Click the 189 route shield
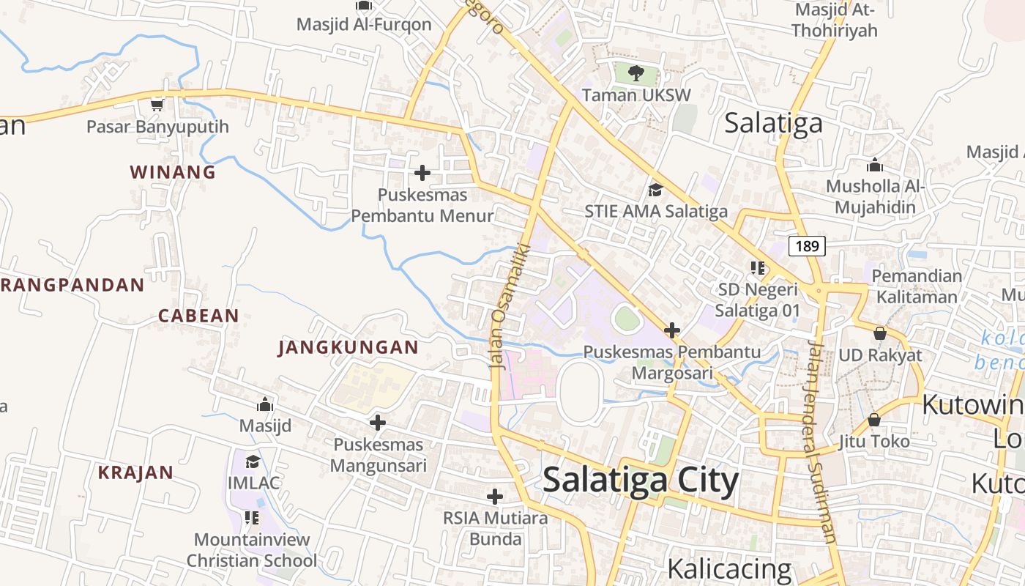(x=807, y=246)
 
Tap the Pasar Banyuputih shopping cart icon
(x=157, y=105)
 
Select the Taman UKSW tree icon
(x=635, y=73)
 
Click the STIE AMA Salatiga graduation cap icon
(x=655, y=190)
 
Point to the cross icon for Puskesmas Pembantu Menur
(x=422, y=173)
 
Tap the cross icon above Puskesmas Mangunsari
(x=378, y=423)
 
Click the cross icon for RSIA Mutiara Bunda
(x=495, y=497)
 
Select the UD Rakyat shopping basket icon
(x=880, y=333)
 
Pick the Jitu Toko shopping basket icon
(x=874, y=420)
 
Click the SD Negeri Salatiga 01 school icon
(x=757, y=268)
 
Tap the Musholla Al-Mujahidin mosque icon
(x=874, y=165)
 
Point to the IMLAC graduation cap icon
(x=253, y=461)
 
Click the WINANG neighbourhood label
(x=173, y=172)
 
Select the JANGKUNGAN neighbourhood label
(x=348, y=347)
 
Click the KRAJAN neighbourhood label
(x=135, y=472)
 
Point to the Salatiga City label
(x=641, y=481)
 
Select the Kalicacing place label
(x=729, y=569)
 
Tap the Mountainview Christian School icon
(x=252, y=519)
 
